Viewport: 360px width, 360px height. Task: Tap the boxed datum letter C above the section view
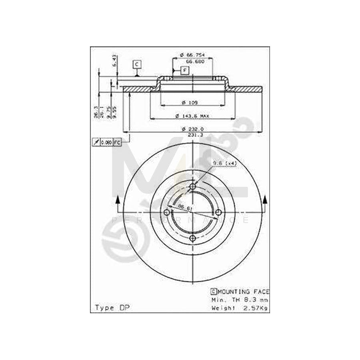point(137,64)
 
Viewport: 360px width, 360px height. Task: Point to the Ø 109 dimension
point(192,103)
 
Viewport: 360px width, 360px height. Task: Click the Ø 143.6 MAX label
point(192,116)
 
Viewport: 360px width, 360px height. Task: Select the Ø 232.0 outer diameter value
point(192,129)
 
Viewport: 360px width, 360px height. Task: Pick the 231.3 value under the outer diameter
point(192,135)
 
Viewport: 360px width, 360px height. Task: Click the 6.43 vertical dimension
point(114,60)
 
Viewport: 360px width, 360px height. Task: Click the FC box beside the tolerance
point(117,142)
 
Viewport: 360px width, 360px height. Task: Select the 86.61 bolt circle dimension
point(184,207)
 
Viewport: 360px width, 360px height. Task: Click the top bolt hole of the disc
point(193,187)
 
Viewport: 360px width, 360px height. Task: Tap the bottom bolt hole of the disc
point(193,238)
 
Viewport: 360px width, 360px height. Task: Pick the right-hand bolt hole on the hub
point(218,213)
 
